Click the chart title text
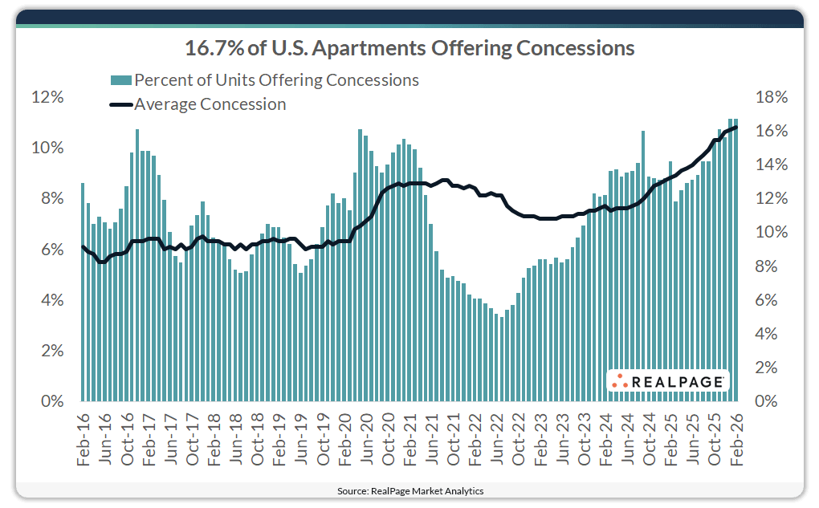409,48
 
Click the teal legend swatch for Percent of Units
120,80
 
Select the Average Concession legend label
210,104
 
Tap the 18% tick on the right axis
772,97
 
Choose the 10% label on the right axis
772,233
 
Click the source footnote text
409,490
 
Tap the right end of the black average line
735,127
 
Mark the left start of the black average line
83,246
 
